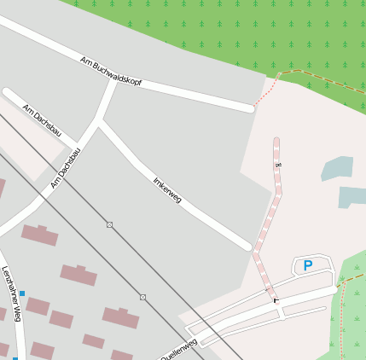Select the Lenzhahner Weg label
pyautogui.click(x=10, y=293)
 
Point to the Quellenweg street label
pyautogui.click(x=179, y=349)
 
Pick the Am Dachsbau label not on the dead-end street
pyautogui.click(x=66, y=168)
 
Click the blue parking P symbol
pyautogui.click(x=307, y=265)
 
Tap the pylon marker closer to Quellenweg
pyautogui.click(x=142, y=297)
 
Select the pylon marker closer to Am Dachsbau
pyautogui.click(x=109, y=224)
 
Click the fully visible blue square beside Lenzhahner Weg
pyautogui.click(x=22, y=293)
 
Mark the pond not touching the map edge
pyautogui.click(x=338, y=168)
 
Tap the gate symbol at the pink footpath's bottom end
pyautogui.click(x=275, y=299)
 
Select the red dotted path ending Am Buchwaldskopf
pyautogui.click(x=267, y=90)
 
